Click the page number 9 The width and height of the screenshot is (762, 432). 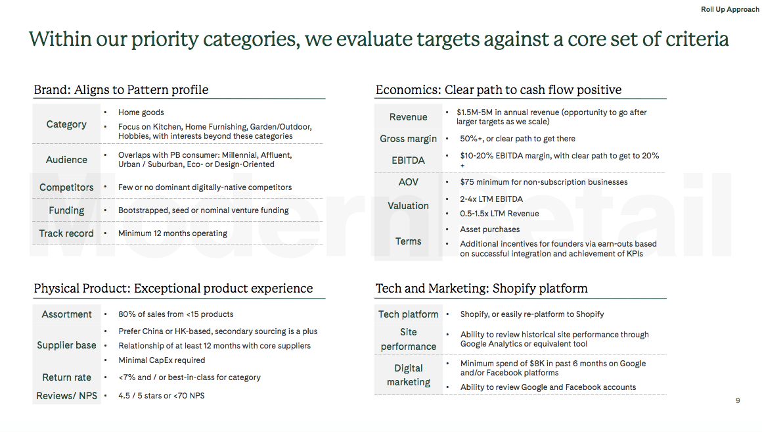[738, 400]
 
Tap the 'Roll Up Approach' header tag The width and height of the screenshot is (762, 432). [730, 9]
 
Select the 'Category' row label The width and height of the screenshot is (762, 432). [66, 124]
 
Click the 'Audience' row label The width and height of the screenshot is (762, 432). [66, 160]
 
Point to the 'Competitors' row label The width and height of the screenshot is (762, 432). [66, 187]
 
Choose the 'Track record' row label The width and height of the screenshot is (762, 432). [66, 233]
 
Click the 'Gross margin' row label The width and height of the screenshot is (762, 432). [408, 139]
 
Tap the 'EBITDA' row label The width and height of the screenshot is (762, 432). [408, 160]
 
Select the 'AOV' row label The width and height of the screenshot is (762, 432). [408, 182]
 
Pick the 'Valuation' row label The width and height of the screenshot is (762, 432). [408, 206]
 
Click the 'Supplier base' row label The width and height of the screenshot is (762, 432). [66, 345]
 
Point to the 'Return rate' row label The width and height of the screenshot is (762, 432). [66, 377]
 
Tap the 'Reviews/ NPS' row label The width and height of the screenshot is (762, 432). [66, 396]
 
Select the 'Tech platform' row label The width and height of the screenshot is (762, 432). [408, 314]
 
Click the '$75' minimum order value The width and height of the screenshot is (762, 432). [466, 182]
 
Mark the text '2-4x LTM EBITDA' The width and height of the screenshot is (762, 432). [491, 199]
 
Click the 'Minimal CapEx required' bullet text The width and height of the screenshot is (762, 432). [162, 360]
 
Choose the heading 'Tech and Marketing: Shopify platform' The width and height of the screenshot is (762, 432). [482, 288]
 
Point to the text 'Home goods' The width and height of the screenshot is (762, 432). [141, 112]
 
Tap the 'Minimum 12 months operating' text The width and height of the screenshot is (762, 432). [173, 233]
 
